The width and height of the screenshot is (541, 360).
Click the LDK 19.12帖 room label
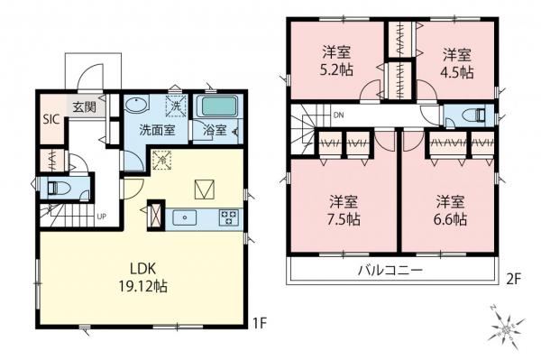[x=141, y=276]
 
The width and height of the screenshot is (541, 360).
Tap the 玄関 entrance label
[x=84, y=107]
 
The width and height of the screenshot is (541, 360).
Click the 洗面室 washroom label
[x=157, y=129]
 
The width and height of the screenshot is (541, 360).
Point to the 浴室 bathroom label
[x=213, y=129]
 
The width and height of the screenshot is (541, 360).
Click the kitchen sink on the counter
[x=184, y=217]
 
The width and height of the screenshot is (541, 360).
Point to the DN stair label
[x=338, y=115]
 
